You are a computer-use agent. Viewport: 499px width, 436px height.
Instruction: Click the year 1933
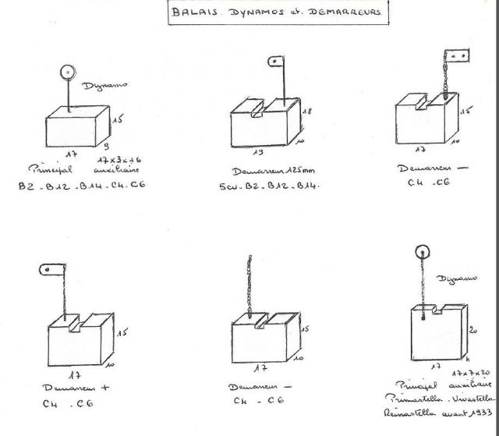[476, 413]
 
